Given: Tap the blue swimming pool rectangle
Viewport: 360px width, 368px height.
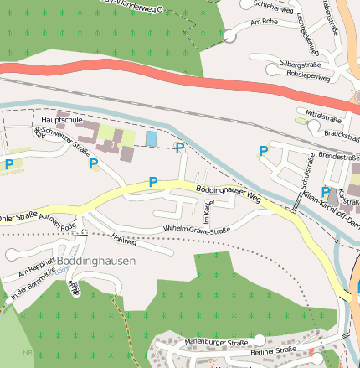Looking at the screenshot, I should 152,137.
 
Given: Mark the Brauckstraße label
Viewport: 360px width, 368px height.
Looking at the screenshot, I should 341,133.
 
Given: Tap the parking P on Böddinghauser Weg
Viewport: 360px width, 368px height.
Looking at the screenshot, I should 152,182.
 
